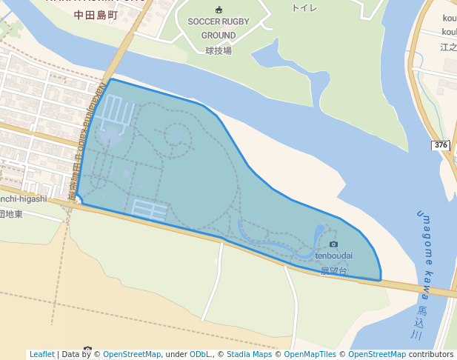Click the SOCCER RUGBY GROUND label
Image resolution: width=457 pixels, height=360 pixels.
click(219, 28)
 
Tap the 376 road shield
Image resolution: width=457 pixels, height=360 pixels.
click(441, 144)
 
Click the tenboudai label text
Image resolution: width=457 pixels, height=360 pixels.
click(333, 256)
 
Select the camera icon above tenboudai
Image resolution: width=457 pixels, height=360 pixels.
click(333, 244)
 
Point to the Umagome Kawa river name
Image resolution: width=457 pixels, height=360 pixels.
click(427, 253)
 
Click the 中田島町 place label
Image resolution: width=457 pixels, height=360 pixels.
click(96, 14)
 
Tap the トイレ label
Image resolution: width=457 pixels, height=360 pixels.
click(304, 7)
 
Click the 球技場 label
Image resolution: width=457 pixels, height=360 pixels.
click(219, 50)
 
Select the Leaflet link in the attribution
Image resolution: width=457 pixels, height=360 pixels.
click(42, 354)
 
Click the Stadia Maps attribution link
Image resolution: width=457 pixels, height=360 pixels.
click(250, 354)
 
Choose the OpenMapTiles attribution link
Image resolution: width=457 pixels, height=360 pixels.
click(310, 354)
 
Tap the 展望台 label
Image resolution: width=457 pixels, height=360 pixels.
click(333, 270)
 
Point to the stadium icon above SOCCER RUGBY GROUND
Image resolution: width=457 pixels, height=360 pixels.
click(219, 10)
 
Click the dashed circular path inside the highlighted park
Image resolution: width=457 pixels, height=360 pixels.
click(177, 136)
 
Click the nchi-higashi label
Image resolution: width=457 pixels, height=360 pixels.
click(23, 199)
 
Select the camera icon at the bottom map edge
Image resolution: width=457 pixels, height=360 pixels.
click(88, 349)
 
